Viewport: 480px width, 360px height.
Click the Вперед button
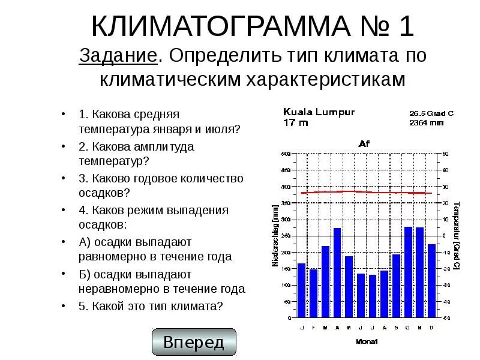[194, 343]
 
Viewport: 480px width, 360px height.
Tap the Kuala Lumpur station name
[319, 112]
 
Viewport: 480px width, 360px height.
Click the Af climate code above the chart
[364, 143]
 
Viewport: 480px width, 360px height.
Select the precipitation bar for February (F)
[313, 293]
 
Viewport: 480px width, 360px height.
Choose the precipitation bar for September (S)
[396, 286]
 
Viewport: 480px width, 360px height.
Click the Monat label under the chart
[366, 341]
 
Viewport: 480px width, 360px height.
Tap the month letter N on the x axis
[419, 327]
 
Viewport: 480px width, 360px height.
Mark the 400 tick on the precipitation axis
[285, 187]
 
